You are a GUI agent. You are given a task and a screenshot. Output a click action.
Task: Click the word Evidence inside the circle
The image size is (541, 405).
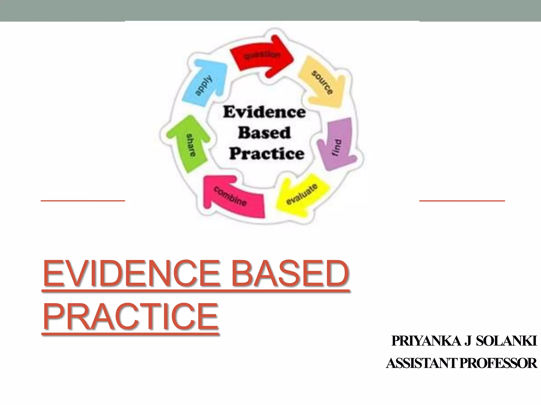coord(264,112)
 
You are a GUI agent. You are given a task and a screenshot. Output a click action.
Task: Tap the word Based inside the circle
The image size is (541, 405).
coord(264,133)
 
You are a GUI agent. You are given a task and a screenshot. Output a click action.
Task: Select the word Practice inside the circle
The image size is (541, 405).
coord(267,153)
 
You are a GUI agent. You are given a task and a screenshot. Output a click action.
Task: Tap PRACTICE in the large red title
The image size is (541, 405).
coord(130,317)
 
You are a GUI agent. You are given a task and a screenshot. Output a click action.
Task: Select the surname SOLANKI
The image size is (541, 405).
coord(507,341)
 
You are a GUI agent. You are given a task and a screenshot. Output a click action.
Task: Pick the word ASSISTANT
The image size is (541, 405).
coord(422,363)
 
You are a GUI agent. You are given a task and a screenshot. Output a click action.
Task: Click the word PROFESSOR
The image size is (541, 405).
coord(498,363)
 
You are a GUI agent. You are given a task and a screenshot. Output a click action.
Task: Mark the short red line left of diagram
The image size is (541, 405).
coord(83,201)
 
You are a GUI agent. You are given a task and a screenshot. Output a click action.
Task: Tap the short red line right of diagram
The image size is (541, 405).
coord(462,201)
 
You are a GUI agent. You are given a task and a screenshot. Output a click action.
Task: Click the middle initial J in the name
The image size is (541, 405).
coord(468,341)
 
